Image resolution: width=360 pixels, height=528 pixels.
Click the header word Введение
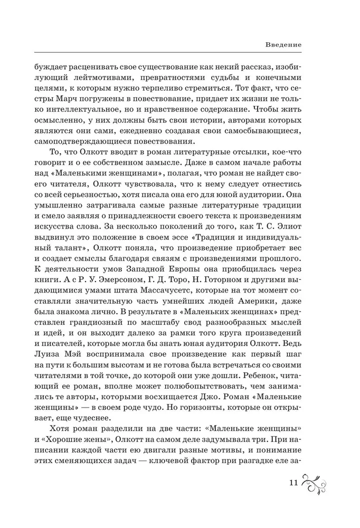[x=283, y=45]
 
